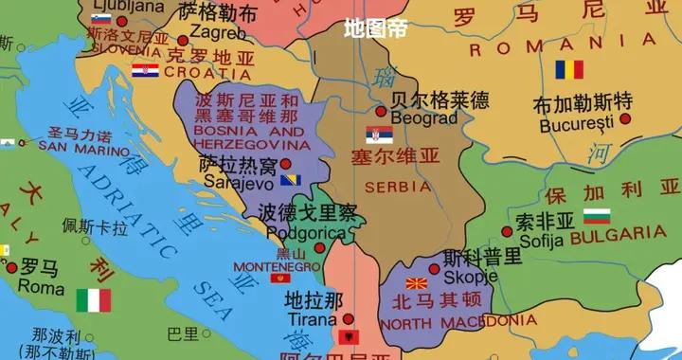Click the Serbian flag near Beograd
tap(379, 134)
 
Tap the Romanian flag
tap(569, 69)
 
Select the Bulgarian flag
tap(597, 216)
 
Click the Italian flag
tap(93, 300)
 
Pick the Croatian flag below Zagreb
tap(145, 69)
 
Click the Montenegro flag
tap(280, 278)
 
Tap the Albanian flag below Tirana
tap(350, 337)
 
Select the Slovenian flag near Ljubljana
tap(101, 18)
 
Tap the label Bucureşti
tap(579, 124)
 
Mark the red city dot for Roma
tap(11, 268)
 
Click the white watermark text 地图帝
tap(375, 28)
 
